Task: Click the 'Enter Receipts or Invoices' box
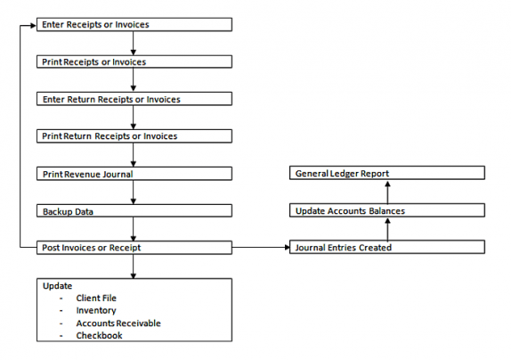tap(134, 25)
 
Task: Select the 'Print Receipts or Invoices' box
tap(134, 62)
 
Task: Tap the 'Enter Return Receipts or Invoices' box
tap(134, 99)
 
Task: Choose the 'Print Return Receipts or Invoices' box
tap(134, 136)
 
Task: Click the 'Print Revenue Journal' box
tap(134, 173)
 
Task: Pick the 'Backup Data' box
tap(134, 210)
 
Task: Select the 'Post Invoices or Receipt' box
tap(134, 247)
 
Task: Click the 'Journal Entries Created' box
tap(387, 247)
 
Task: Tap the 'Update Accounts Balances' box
tap(387, 210)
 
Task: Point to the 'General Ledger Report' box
tap(387, 173)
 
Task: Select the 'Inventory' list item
tap(96, 310)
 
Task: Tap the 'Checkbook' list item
tap(99, 335)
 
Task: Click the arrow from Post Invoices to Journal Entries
tap(261, 247)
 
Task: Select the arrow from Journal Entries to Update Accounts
tap(387, 229)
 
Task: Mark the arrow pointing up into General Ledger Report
tap(387, 192)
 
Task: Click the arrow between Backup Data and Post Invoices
tap(134, 229)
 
